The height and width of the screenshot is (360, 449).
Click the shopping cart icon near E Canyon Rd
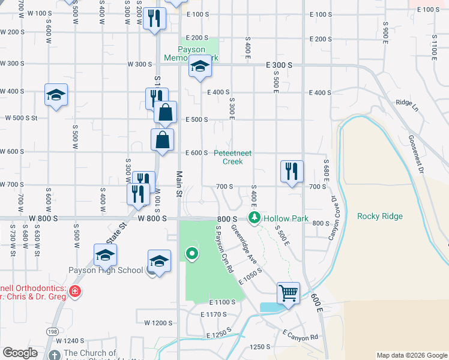(288, 293)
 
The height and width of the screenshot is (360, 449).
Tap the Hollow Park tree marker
(255, 217)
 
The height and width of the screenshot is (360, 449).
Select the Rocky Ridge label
(379, 217)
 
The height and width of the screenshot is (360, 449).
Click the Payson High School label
(105, 271)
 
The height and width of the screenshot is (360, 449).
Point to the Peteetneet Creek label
(233, 157)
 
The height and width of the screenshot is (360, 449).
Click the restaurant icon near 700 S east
(292, 171)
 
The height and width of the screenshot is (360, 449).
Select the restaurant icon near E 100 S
(154, 19)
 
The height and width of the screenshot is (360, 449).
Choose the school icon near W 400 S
(56, 95)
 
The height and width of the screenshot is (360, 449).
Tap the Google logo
(20, 353)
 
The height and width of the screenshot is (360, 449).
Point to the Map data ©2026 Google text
(411, 355)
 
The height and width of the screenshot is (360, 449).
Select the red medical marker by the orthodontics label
(74, 292)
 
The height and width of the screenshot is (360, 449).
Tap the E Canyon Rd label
(300, 335)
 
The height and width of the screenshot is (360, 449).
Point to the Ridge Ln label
(406, 103)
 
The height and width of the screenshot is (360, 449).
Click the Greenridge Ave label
(252, 246)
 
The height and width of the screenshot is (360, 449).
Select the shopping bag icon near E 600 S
(162, 140)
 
